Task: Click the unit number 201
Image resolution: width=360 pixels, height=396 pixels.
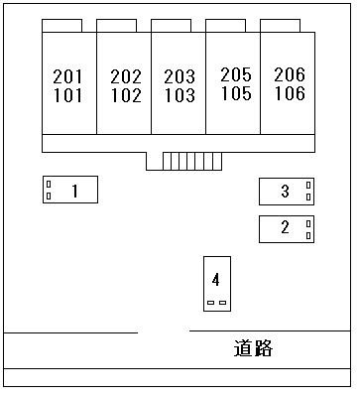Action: click(x=68, y=76)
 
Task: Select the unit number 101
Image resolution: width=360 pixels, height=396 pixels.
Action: click(x=68, y=96)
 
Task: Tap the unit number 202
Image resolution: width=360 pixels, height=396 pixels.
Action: click(x=126, y=76)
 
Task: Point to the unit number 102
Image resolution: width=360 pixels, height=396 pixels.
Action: click(x=126, y=96)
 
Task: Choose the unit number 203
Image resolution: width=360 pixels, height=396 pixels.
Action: click(x=180, y=76)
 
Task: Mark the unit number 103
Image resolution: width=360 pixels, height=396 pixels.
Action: click(x=180, y=96)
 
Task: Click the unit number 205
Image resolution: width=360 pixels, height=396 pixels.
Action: click(x=235, y=74)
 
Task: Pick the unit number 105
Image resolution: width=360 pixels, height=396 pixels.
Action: click(x=235, y=94)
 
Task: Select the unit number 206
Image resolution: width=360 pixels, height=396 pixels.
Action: click(x=289, y=74)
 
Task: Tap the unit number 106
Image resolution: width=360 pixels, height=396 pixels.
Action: click(x=289, y=94)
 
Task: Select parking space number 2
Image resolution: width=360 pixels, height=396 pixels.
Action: click(x=286, y=228)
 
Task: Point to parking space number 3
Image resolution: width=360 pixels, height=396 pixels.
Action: click(x=286, y=192)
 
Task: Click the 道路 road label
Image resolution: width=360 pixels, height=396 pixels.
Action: click(x=253, y=348)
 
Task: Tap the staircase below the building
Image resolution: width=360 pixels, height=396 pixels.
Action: click(x=183, y=162)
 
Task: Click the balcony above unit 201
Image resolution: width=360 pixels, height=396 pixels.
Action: click(x=62, y=25)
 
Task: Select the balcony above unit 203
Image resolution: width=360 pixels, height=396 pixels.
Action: click(x=171, y=25)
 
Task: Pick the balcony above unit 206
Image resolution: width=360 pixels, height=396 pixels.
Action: click(x=280, y=25)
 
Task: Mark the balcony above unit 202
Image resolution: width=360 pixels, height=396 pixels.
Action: click(x=117, y=25)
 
